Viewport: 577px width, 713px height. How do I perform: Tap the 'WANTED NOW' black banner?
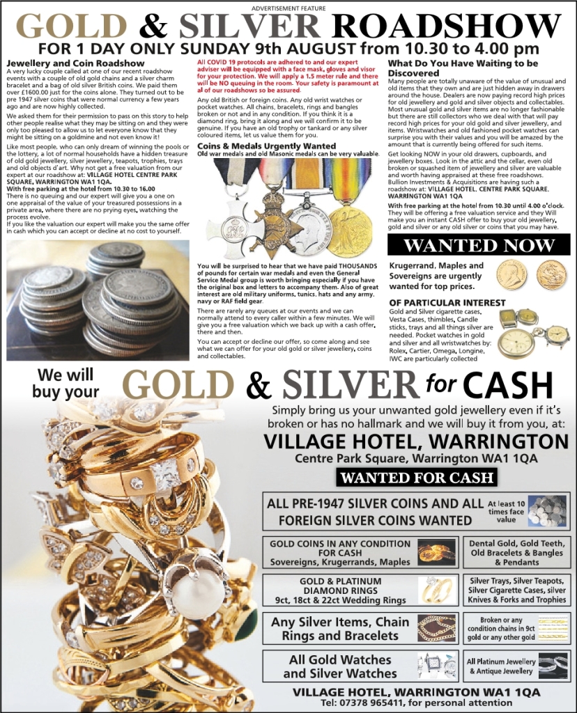478,246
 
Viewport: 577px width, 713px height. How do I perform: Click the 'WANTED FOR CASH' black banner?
417,478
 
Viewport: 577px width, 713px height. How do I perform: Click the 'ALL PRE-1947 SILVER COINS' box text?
380,511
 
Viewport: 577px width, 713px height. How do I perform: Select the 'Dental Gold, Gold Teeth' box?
516,552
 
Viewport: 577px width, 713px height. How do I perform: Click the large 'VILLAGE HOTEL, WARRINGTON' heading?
417,441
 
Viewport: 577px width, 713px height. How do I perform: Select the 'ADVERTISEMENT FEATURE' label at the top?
288,7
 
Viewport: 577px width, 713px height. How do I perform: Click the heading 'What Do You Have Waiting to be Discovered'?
463,68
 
